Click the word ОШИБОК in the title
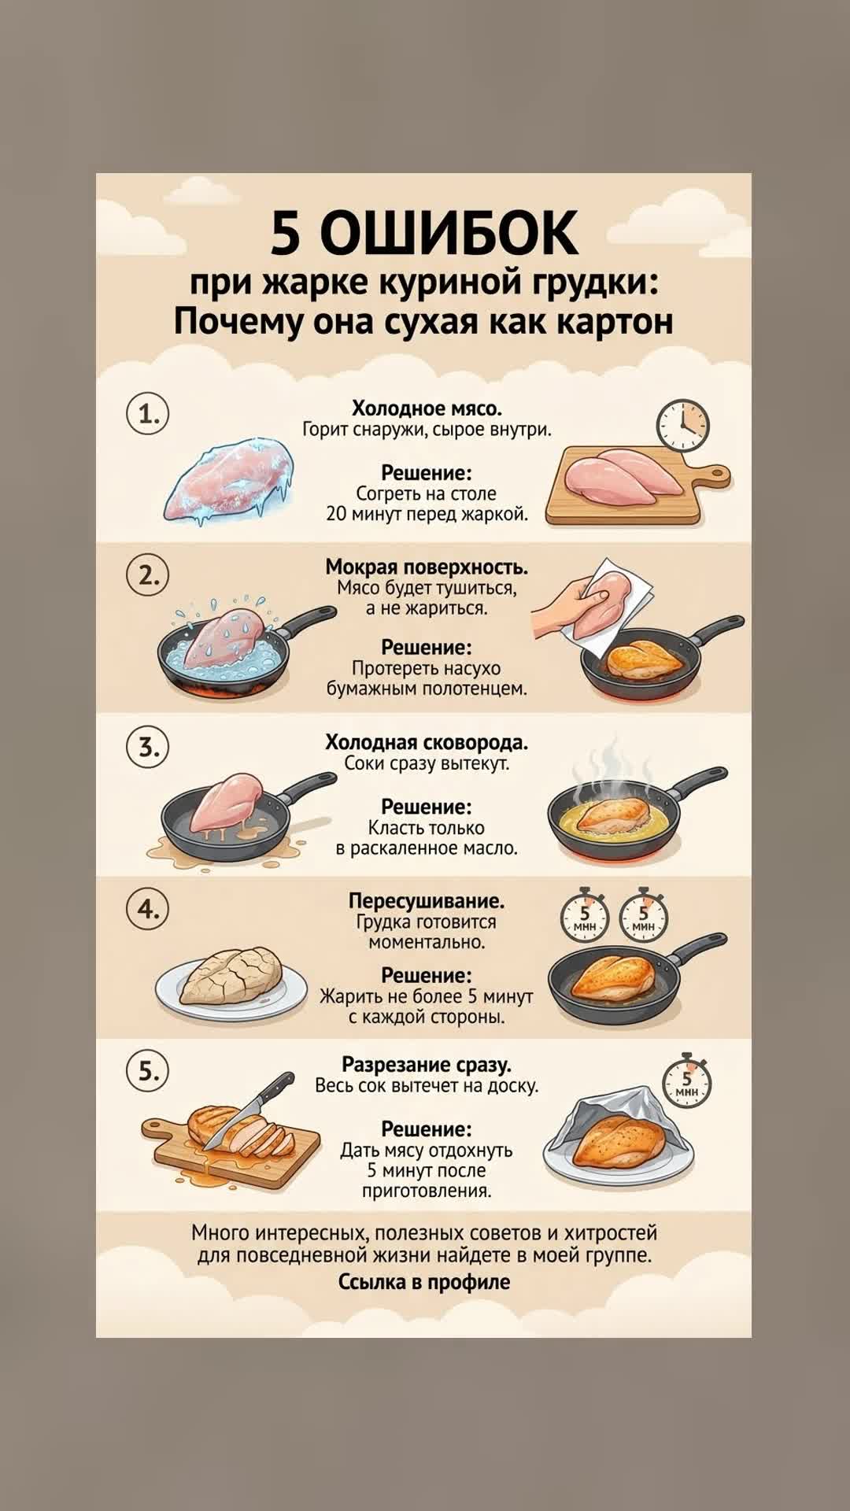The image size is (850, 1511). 449,232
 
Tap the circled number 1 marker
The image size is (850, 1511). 148,413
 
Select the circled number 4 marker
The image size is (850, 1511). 148,909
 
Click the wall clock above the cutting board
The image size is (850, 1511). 683,425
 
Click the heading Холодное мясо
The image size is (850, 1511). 427,408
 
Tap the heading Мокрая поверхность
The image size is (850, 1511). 427,567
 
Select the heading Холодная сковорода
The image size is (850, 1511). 427,742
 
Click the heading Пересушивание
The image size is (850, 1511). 427,900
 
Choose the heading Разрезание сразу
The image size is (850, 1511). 427,1064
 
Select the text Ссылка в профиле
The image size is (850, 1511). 424,1281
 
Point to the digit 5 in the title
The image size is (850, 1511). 286,233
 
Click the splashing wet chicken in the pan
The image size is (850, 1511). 227,637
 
